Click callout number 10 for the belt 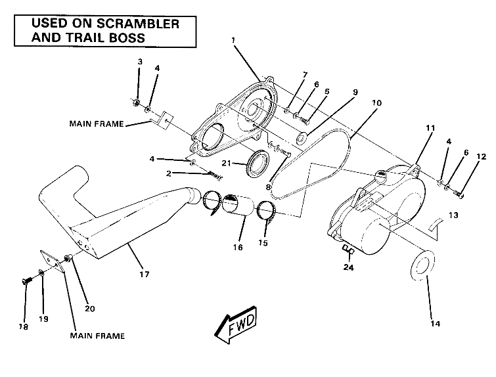click(x=376, y=104)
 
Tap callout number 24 click(x=349, y=267)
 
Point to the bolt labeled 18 click(x=25, y=282)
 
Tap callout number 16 click(x=237, y=248)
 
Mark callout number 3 click(x=139, y=62)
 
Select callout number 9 click(x=355, y=93)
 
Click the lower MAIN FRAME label click(x=97, y=336)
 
